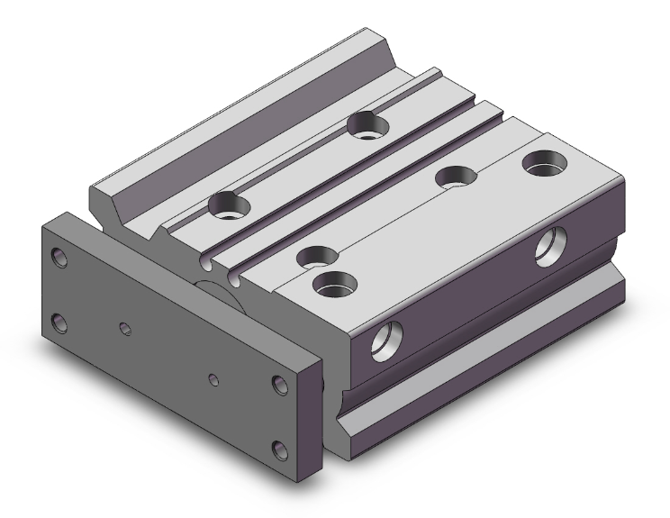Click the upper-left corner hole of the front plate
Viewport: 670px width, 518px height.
tap(59, 258)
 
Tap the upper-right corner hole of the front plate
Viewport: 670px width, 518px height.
tap(280, 386)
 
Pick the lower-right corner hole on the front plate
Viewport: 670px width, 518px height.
tap(280, 448)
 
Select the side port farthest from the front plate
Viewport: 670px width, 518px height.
tap(548, 246)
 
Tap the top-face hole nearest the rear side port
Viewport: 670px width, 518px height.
tap(545, 166)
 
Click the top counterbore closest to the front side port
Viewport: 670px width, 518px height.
tap(333, 286)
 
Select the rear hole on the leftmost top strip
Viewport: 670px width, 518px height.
tap(367, 124)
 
